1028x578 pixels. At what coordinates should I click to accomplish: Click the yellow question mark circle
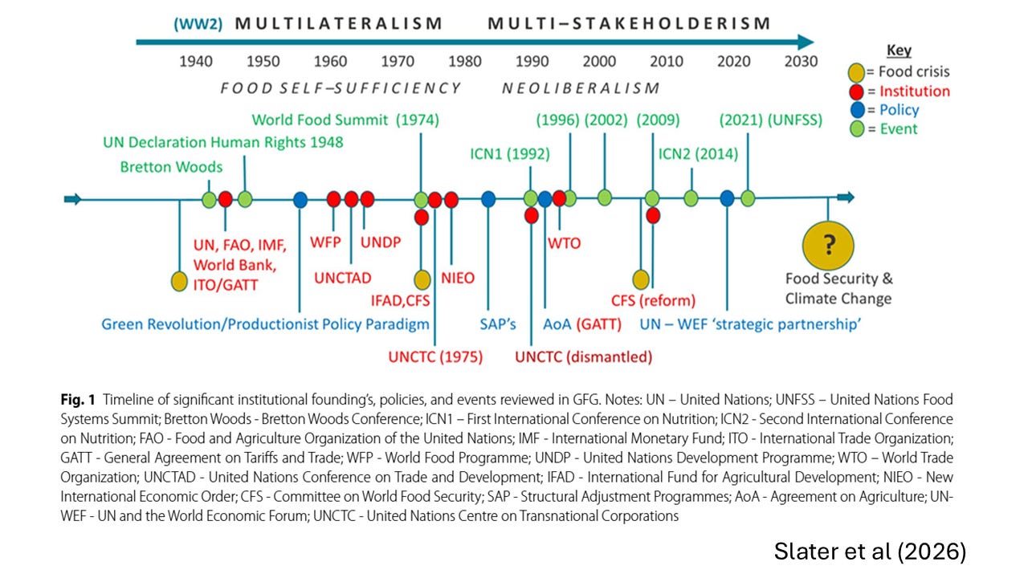[828, 245]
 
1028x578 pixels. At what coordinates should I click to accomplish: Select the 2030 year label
[801, 62]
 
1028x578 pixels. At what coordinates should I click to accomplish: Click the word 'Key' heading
[899, 51]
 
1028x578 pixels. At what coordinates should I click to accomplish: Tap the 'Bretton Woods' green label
[171, 167]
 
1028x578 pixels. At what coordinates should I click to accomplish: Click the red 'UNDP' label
[381, 241]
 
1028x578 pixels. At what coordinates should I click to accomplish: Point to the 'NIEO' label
[458, 279]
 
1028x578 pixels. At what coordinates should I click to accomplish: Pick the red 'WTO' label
[564, 242]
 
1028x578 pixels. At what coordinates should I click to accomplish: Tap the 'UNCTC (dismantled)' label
[583, 356]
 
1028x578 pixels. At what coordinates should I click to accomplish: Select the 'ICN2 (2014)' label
[698, 154]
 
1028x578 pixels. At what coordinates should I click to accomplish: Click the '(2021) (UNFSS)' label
[770, 120]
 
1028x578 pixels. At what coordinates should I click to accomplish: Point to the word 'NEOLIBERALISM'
[581, 88]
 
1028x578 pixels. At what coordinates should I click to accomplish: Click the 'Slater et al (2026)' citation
[870, 552]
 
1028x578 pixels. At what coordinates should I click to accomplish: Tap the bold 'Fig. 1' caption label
[78, 399]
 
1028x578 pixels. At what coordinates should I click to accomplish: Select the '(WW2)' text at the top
[198, 23]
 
